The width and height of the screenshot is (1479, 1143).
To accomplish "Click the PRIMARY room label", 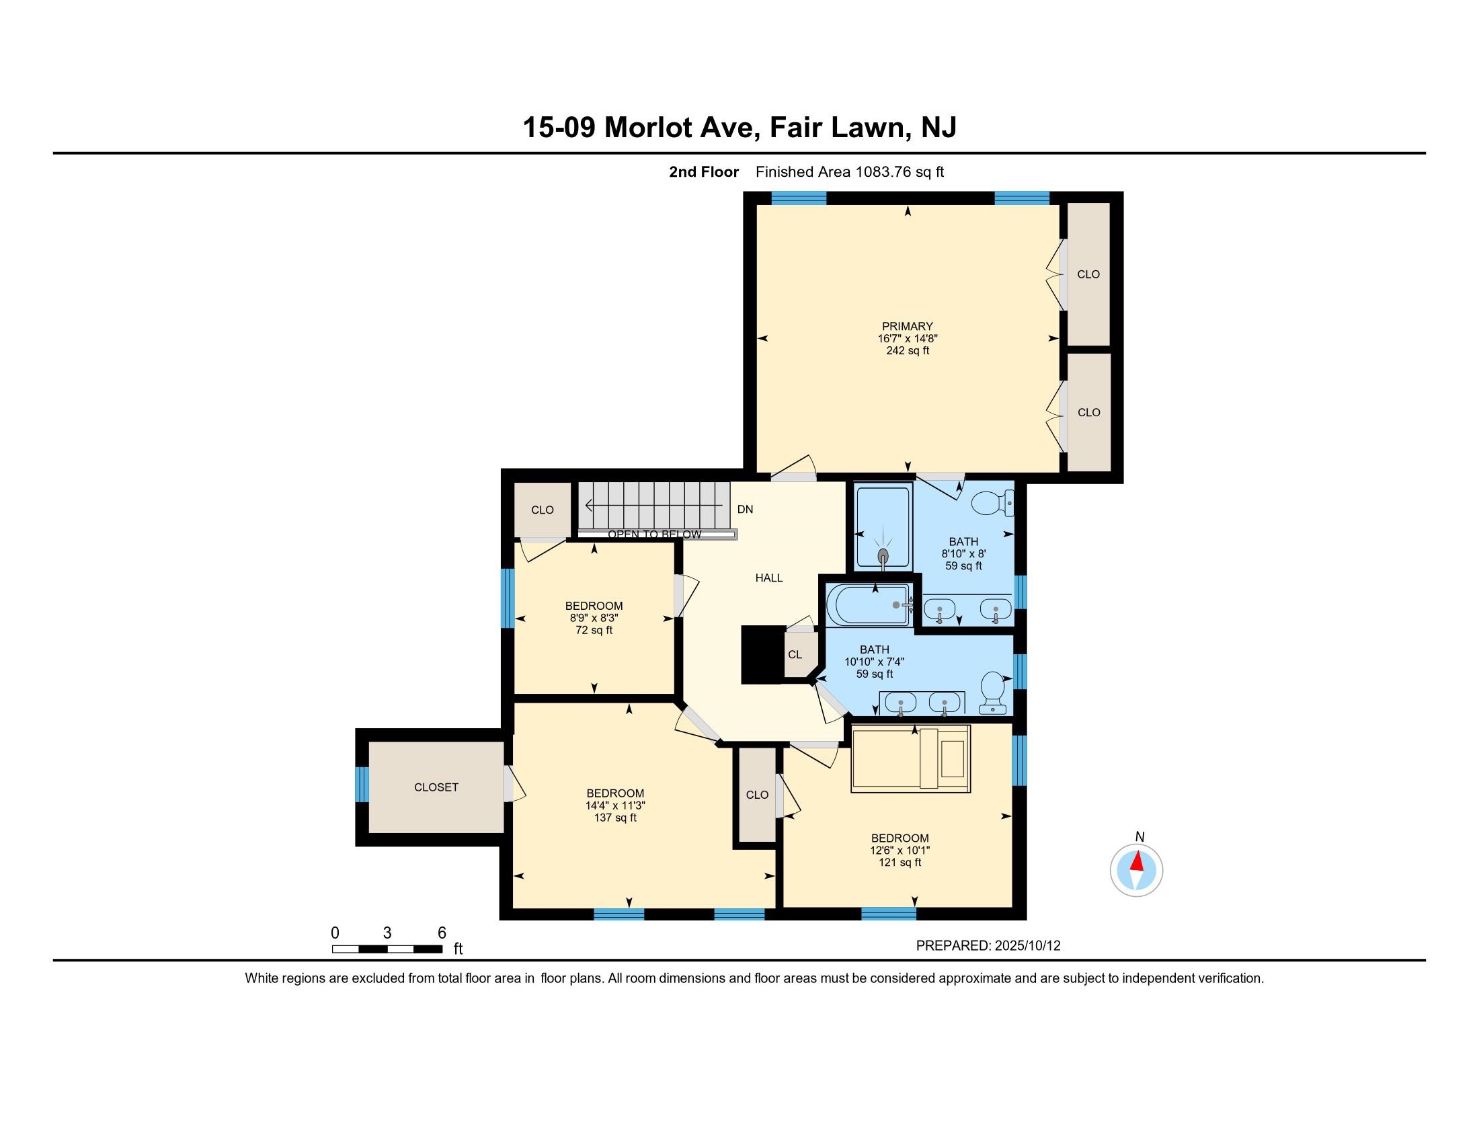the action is pyautogui.click(x=907, y=326).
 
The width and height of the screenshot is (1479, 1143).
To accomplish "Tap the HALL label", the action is pyautogui.click(x=768, y=578).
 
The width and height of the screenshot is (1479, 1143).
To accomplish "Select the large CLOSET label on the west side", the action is pyautogui.click(x=436, y=787).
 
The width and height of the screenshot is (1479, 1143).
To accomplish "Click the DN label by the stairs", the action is pyautogui.click(x=745, y=509).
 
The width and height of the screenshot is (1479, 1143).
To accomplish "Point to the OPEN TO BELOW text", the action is pyautogui.click(x=654, y=535).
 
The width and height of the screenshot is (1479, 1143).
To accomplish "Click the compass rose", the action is pyautogui.click(x=1136, y=870).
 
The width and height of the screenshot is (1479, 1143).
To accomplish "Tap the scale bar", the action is pyautogui.click(x=387, y=949).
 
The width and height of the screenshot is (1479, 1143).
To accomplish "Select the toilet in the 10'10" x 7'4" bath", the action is pyautogui.click(x=994, y=692).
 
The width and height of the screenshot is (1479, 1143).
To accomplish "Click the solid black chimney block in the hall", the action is pyautogui.click(x=762, y=654).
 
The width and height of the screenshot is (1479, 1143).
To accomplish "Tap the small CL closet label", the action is pyautogui.click(x=795, y=655).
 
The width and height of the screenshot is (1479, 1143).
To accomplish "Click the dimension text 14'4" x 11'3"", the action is pyautogui.click(x=615, y=805).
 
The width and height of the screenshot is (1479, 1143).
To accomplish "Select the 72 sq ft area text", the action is pyautogui.click(x=594, y=631).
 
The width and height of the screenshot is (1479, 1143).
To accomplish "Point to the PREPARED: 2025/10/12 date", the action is pyautogui.click(x=988, y=946).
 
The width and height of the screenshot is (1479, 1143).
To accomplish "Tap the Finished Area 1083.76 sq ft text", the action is pyautogui.click(x=849, y=172).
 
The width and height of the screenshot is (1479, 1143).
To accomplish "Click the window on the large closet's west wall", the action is pyautogui.click(x=362, y=784).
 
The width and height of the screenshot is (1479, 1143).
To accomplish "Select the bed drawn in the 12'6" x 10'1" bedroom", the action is pyautogui.click(x=911, y=759).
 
